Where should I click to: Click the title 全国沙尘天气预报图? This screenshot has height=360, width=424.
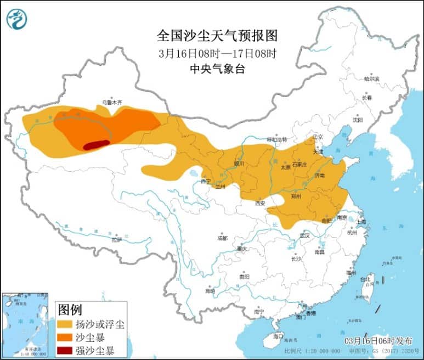(x=217, y=36)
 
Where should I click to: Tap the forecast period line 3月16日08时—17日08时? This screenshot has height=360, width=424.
(x=217, y=54)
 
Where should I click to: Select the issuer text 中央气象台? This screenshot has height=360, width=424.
(x=217, y=69)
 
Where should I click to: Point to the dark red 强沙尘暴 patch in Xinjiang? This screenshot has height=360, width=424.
(x=96, y=144)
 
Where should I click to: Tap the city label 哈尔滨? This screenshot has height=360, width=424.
(x=371, y=78)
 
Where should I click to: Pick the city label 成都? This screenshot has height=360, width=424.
(x=222, y=238)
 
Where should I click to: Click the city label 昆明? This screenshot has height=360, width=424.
(x=210, y=290)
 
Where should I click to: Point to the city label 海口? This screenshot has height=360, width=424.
(x=278, y=336)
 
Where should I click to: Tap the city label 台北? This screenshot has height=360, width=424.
(x=365, y=279)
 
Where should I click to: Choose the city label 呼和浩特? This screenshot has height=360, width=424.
(x=277, y=139)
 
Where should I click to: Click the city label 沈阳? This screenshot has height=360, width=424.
(x=358, y=119)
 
